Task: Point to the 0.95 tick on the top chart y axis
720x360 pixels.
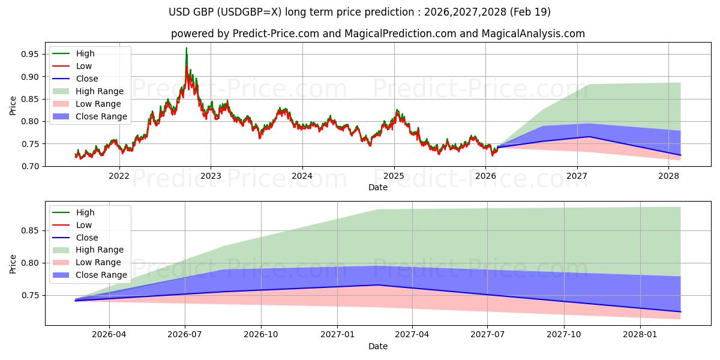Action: pos(31,54)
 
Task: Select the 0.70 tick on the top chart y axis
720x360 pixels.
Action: pos(31,166)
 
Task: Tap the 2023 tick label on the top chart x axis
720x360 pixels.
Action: pos(211,176)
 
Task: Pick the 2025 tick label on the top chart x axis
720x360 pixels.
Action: pos(394,176)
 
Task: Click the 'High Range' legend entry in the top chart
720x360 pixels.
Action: pos(100,91)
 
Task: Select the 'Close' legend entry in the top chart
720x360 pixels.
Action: pos(87,79)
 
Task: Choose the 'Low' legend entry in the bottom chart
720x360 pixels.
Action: pos(84,225)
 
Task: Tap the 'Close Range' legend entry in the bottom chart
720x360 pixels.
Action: pos(101,275)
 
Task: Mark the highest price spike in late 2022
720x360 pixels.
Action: pos(186,48)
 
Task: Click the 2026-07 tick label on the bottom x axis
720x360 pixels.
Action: pos(185,335)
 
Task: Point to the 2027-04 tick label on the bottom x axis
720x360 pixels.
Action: pos(412,335)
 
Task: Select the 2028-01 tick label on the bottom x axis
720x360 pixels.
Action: pos(641,335)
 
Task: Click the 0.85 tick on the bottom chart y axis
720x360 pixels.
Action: pos(31,230)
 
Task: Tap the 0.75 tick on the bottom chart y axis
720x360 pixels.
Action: pos(31,295)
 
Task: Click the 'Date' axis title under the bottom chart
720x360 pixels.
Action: pos(378,346)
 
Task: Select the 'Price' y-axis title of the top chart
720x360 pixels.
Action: pos(13,106)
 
